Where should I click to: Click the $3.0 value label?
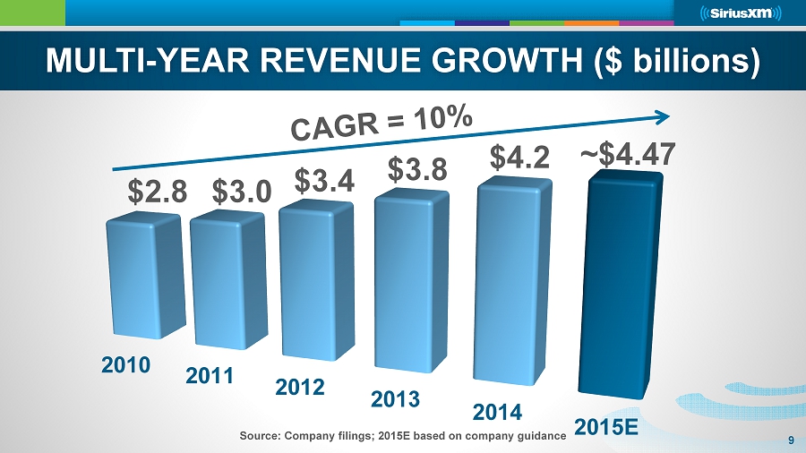click(x=241, y=192)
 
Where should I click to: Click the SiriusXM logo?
click(x=741, y=13)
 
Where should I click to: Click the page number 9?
click(x=792, y=439)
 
